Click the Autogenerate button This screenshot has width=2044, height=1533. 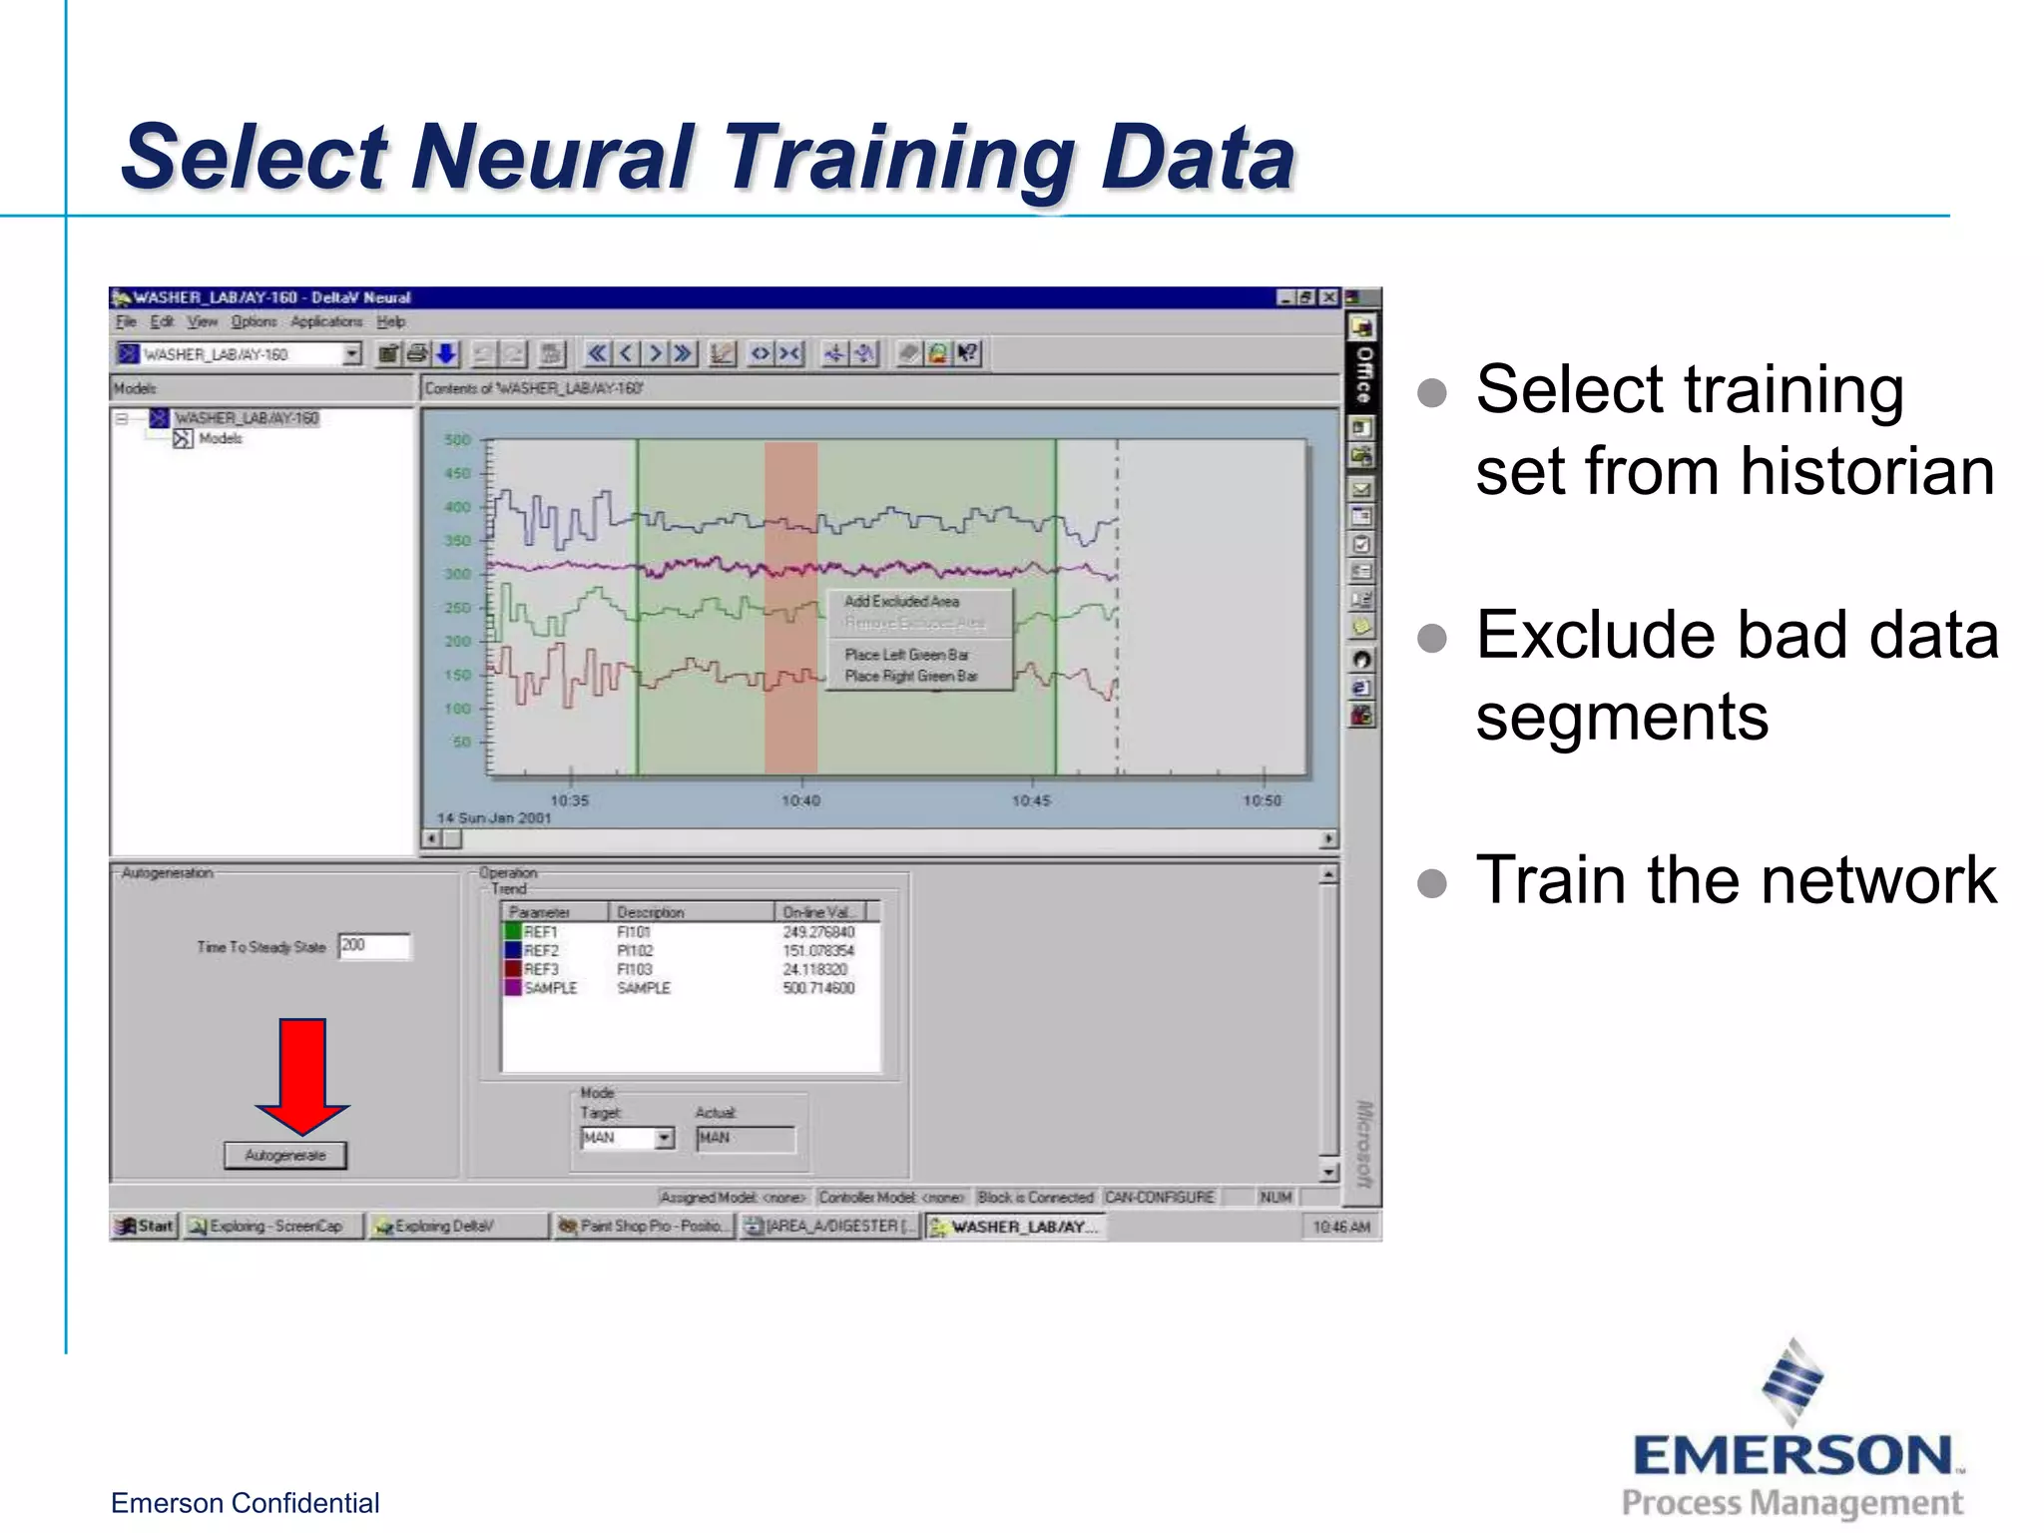285,1155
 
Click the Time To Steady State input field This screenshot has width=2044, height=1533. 374,945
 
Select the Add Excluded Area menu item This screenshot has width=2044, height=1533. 901,601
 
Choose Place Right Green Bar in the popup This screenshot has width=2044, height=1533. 910,676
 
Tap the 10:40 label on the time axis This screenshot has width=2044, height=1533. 800,800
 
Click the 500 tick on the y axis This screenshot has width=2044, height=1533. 457,440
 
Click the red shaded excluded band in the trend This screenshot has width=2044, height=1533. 790,699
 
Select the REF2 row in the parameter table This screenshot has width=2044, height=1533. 542,950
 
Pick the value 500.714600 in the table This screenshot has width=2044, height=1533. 818,988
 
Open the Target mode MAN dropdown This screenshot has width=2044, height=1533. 665,1138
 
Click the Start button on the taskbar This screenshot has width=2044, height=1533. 146,1226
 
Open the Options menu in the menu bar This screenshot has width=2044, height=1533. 254,321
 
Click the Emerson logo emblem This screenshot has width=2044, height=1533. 1792,1381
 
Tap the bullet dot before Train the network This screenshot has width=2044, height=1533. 1432,882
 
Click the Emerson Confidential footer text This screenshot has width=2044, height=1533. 245,1502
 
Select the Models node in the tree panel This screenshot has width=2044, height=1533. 220,439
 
